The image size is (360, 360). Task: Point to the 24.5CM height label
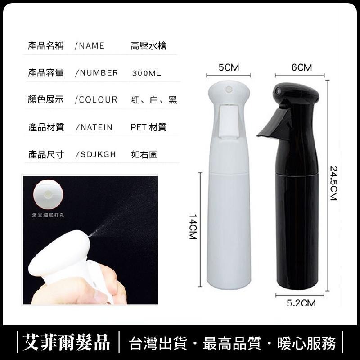333,184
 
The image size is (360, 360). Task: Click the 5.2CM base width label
301,303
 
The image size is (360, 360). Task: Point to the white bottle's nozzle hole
227,87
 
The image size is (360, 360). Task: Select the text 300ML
147,73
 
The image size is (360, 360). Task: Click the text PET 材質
148,127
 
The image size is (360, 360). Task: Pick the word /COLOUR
95,100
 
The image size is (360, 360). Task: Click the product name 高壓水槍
148,46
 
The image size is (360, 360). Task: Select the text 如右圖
144,154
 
